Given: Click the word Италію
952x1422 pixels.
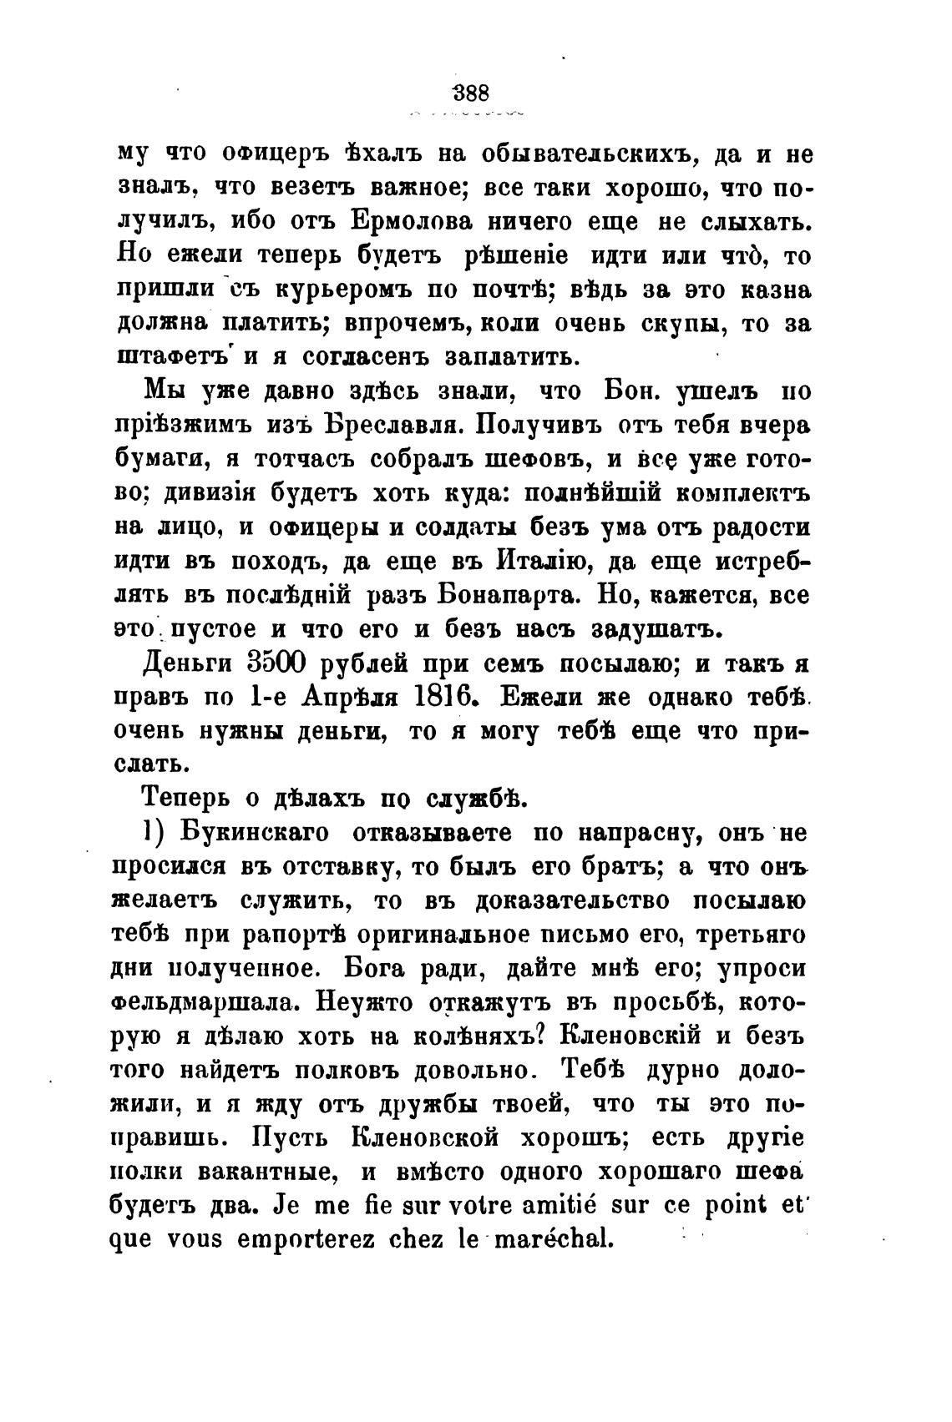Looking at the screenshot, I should coord(552,561).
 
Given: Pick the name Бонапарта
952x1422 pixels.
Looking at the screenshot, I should coord(513,596).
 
